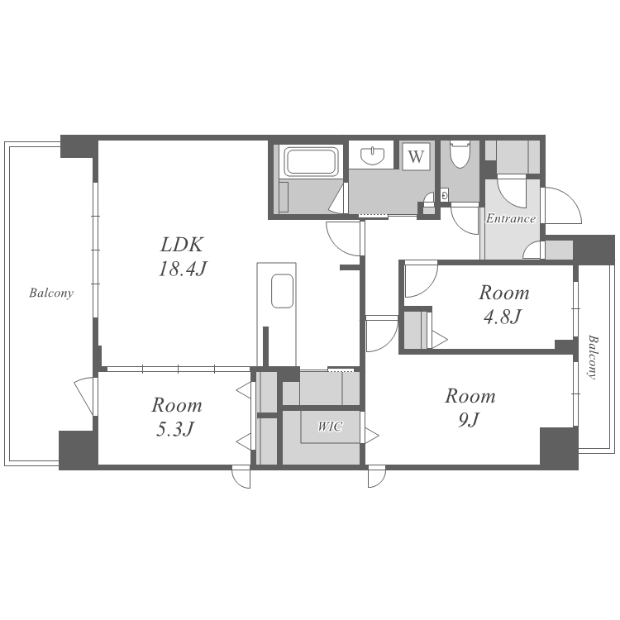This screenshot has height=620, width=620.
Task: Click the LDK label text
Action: click(x=182, y=245)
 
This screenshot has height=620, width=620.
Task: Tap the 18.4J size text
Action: click(x=183, y=269)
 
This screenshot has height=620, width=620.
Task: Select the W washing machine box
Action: click(x=416, y=156)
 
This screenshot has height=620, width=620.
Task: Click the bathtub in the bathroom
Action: click(x=312, y=161)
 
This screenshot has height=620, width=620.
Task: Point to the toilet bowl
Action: click(x=460, y=155)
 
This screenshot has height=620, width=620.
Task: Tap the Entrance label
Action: click(x=511, y=218)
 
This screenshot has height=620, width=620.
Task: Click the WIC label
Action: click(x=330, y=427)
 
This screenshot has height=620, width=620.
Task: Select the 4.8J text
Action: click(x=503, y=317)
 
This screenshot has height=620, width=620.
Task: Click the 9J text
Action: click(x=470, y=419)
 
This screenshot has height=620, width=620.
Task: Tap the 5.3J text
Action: click(x=175, y=429)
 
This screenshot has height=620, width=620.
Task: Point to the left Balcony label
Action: click(x=51, y=293)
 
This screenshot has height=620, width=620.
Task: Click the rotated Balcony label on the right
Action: click(x=593, y=357)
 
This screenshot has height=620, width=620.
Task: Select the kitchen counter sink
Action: click(x=283, y=291)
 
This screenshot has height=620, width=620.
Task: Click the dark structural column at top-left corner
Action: click(x=79, y=146)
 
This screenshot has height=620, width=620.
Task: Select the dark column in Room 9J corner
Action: click(x=559, y=446)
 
